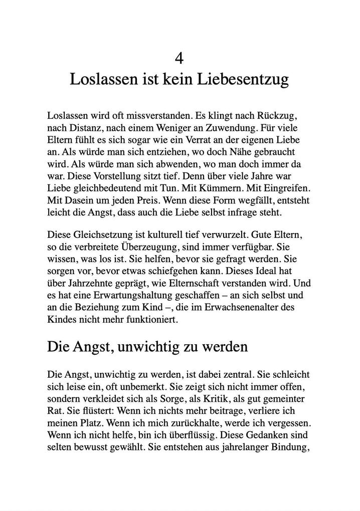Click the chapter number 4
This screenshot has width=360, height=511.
[179, 59]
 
